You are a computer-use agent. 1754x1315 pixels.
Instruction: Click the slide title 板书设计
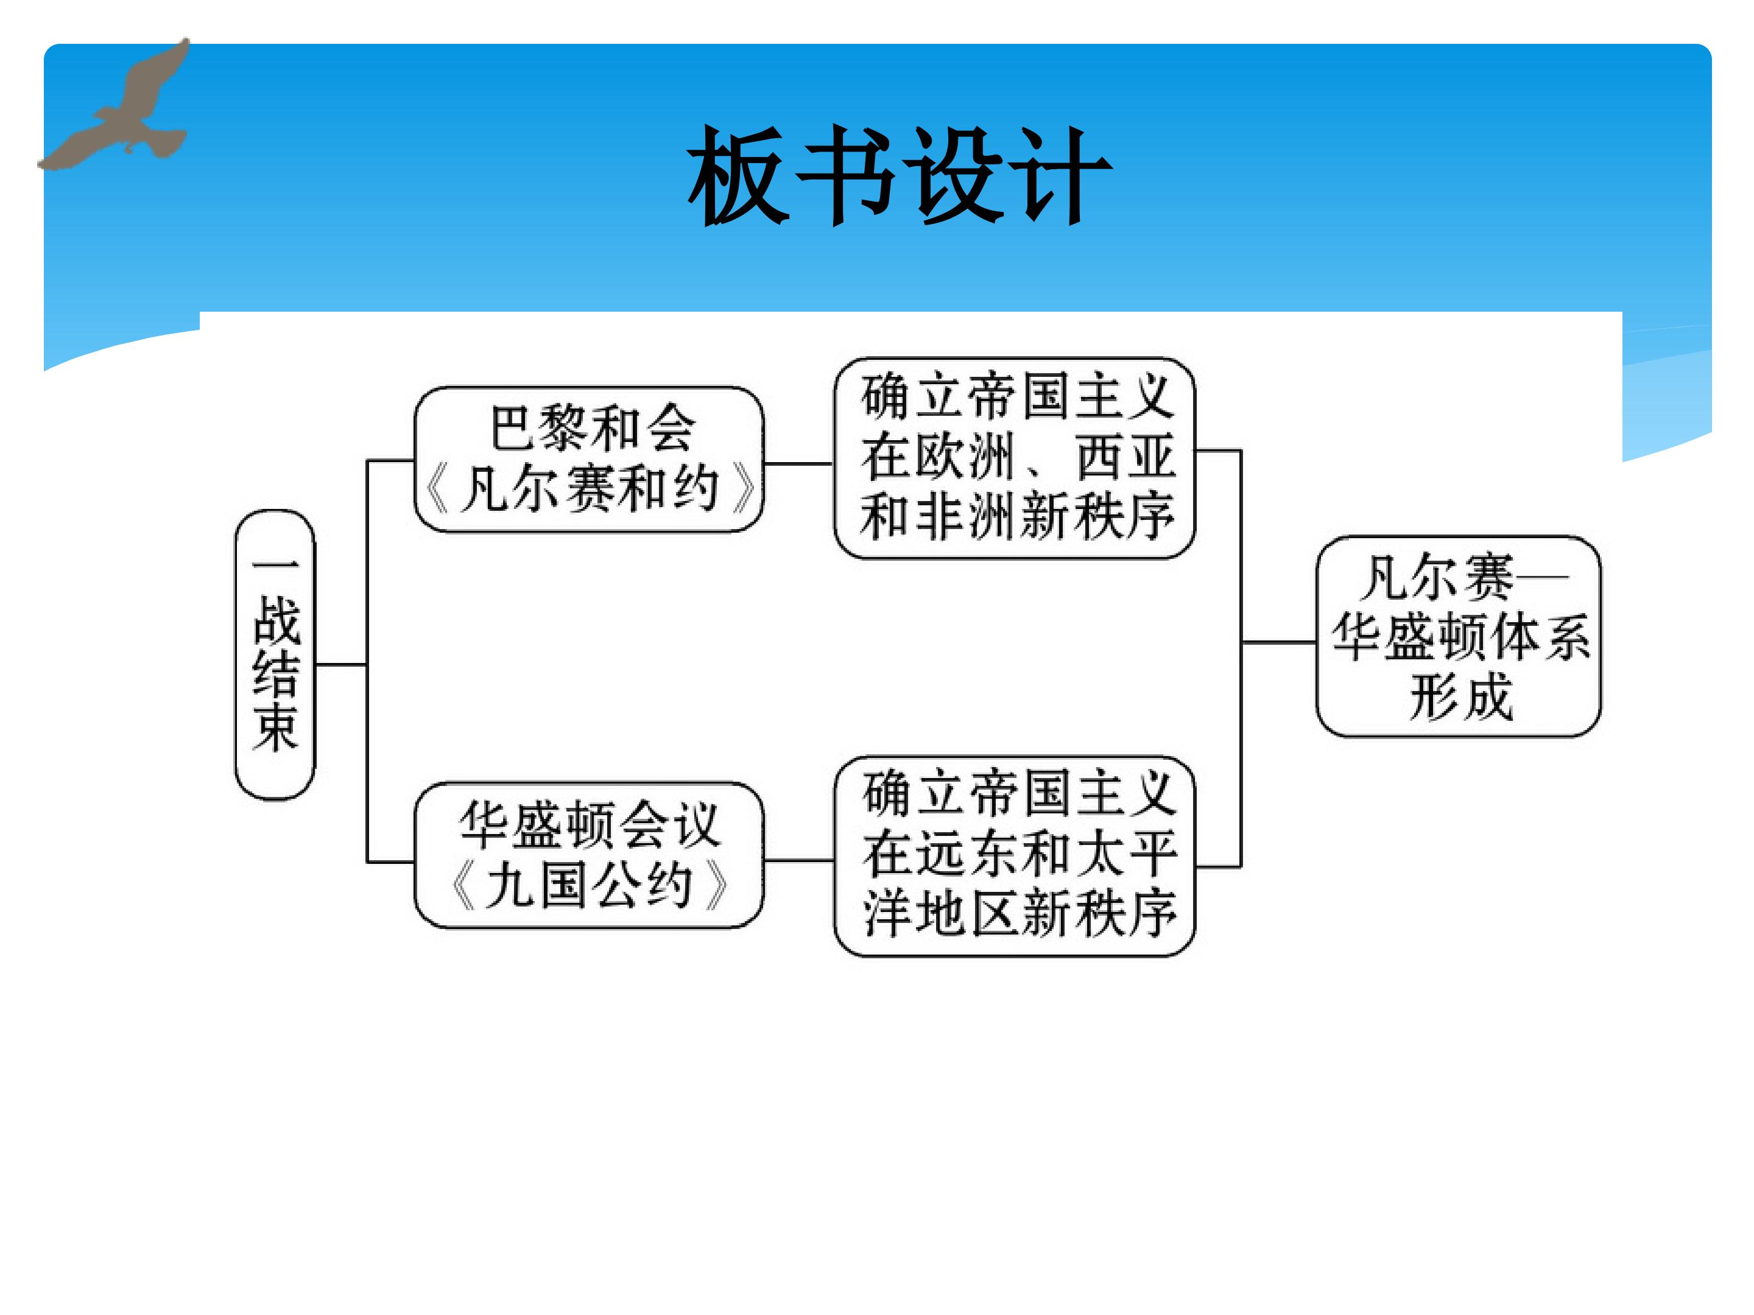pos(900,174)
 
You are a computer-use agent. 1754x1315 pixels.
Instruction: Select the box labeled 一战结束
pos(275,654)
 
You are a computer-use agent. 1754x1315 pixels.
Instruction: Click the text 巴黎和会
pos(593,429)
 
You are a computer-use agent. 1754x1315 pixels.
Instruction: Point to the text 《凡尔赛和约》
pos(591,488)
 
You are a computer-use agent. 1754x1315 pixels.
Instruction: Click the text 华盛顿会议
pos(590,824)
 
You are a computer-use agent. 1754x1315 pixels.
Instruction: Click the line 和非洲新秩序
pos(1017,517)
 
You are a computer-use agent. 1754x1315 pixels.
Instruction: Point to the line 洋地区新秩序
pos(1020,913)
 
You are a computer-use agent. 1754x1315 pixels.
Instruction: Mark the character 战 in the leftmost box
pos(276,620)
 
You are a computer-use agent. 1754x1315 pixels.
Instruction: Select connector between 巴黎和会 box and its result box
pos(798,464)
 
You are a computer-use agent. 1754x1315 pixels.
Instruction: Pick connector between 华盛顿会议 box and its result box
pos(798,860)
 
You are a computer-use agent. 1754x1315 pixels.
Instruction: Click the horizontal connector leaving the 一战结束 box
pos(341,664)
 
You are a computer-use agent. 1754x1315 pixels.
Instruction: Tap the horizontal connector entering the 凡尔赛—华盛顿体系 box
pos(1279,642)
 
